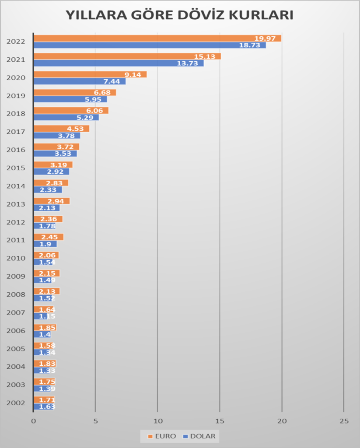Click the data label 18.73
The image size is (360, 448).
pos(250,45)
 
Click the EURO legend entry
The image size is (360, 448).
pos(162,436)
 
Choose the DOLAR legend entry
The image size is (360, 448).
pos(200,436)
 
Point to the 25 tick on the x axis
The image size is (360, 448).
pos(344,421)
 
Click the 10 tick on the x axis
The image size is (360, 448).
pos(157,421)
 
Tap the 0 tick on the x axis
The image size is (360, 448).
pos(33,421)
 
